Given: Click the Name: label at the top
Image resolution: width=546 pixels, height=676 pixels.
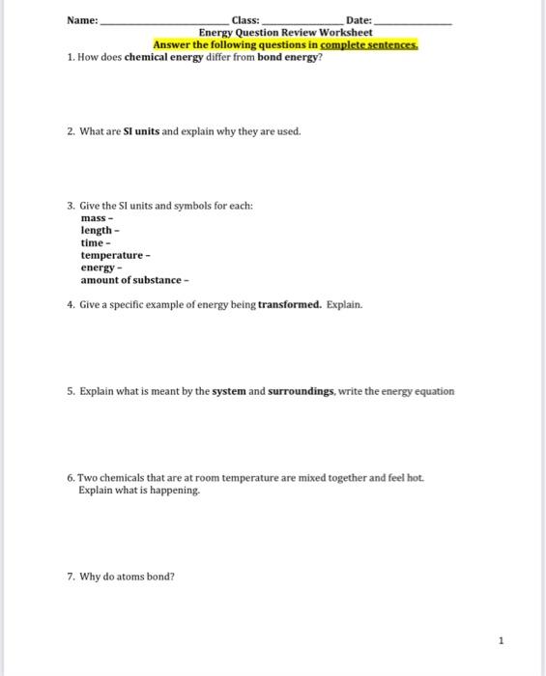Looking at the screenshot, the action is click(x=82, y=20).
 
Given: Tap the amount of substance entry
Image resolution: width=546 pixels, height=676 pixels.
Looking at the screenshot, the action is click(x=134, y=279).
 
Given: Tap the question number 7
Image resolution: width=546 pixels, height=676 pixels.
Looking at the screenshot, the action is click(x=72, y=577).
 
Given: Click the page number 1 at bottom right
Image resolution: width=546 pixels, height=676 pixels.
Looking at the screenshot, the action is click(x=502, y=639).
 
